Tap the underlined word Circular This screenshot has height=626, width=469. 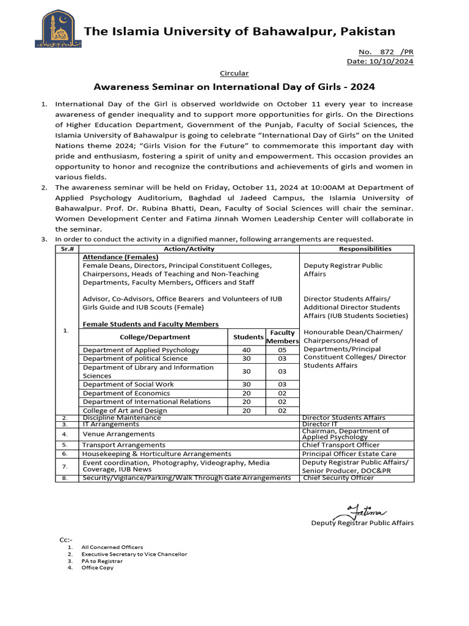(234, 73)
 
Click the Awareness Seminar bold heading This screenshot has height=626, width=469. (234, 87)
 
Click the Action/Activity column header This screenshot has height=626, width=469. (189, 249)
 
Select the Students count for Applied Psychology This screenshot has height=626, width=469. (247, 350)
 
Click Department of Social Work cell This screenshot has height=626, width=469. (128, 385)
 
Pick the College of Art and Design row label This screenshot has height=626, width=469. (125, 411)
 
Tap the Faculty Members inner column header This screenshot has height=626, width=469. (282, 337)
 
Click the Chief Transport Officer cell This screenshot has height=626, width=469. (341, 445)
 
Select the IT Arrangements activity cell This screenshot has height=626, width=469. (111, 424)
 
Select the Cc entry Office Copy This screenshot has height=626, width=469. (98, 568)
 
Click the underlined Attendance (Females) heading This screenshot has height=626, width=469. (120, 257)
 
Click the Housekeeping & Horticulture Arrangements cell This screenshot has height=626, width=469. (157, 454)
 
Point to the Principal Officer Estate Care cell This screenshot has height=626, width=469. (349, 454)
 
